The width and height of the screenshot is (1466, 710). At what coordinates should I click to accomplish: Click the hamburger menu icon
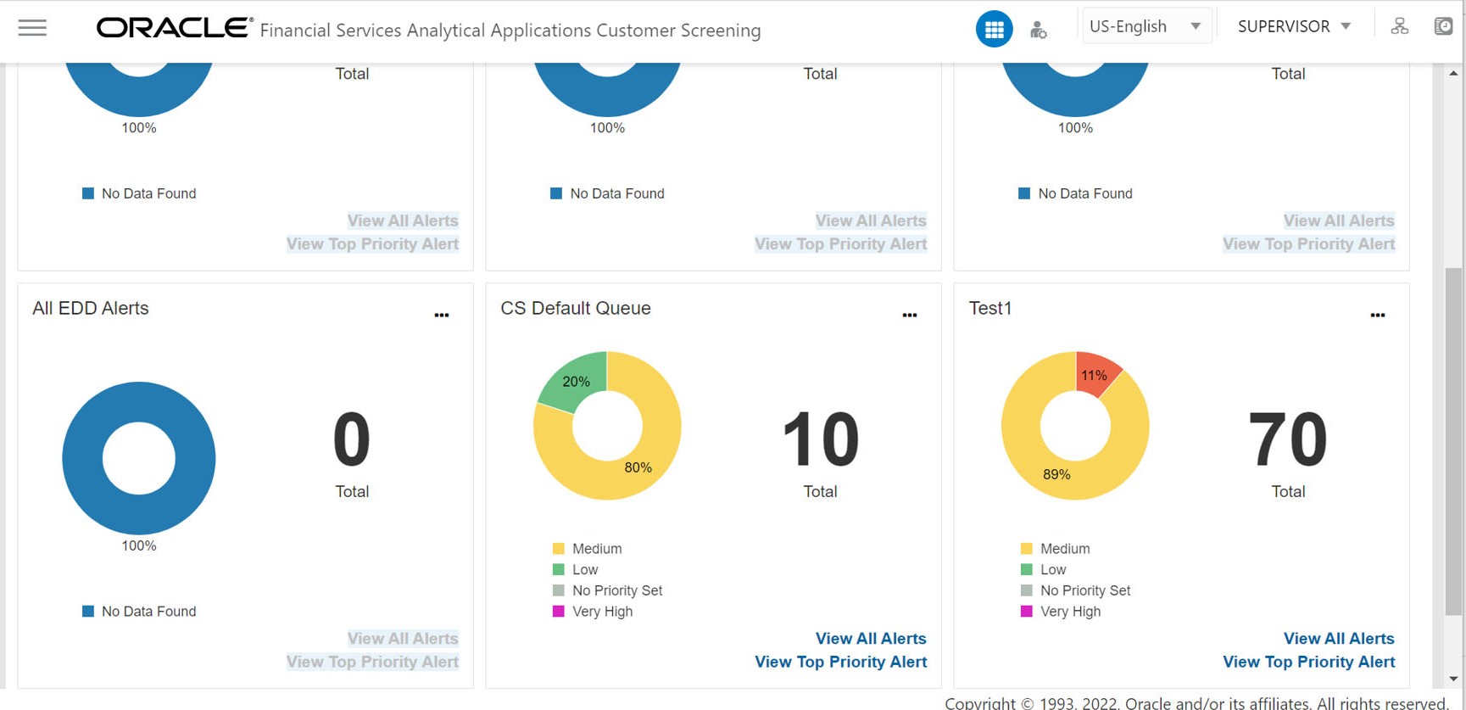click(x=32, y=28)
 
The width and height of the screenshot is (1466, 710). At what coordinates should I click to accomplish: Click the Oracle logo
click(x=174, y=28)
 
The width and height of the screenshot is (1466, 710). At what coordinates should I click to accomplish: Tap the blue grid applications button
click(x=994, y=29)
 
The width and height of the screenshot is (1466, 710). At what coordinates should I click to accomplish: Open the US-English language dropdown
click(x=1145, y=26)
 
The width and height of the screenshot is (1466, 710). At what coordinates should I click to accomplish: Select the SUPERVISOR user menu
click(x=1294, y=26)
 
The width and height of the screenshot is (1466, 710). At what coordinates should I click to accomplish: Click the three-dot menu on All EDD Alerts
click(x=442, y=315)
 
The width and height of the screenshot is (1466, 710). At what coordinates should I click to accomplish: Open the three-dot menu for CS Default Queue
click(x=910, y=315)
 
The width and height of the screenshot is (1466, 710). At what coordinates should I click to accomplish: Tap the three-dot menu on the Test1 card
click(x=1378, y=315)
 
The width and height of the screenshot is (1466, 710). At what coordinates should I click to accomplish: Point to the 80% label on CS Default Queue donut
click(x=638, y=467)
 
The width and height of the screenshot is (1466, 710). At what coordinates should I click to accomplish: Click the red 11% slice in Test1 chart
click(x=1095, y=374)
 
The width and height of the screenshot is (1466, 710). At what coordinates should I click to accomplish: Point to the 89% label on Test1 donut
click(x=1056, y=474)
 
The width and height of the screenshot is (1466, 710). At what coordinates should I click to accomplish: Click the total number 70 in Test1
click(x=1287, y=439)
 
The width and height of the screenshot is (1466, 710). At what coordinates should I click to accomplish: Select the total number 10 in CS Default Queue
click(x=820, y=439)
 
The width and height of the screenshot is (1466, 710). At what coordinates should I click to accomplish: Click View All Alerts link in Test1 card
click(x=1338, y=639)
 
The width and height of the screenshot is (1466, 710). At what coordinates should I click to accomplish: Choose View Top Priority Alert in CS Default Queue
click(x=840, y=662)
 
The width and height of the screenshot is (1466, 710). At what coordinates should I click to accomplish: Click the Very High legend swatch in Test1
click(x=1027, y=612)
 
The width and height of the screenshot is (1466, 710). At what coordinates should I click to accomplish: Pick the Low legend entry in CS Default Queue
click(x=585, y=570)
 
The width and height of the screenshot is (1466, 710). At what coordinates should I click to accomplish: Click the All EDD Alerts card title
click(x=91, y=309)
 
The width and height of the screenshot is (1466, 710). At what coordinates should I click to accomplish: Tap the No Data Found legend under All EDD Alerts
click(x=148, y=612)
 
